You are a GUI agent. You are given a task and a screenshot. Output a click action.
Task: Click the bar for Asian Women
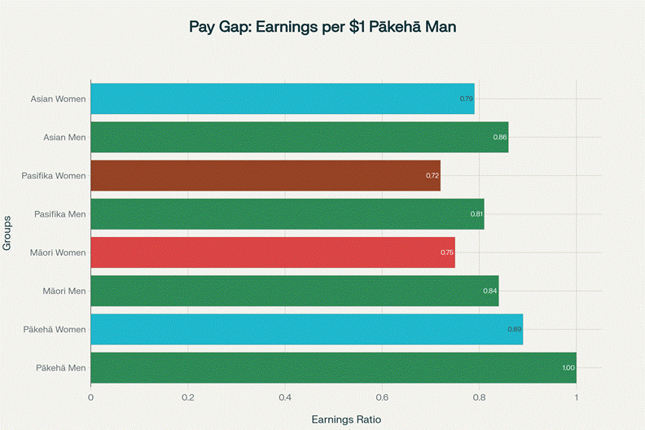coord(282,99)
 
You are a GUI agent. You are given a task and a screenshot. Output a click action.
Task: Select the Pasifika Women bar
coord(265,175)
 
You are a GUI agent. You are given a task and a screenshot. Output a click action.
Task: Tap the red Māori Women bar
coord(272,252)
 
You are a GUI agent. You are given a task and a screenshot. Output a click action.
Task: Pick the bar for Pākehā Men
coord(333,368)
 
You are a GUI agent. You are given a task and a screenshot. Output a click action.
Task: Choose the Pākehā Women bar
coord(306,329)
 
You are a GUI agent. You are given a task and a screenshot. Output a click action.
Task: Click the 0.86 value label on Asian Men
coord(500,137)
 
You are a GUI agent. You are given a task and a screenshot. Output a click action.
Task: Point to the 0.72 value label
coord(432,175)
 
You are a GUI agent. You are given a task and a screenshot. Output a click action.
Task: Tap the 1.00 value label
coord(568,368)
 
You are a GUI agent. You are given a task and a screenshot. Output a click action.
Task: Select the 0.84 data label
coord(490,291)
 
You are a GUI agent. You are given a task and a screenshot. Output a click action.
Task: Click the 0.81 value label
coord(476,214)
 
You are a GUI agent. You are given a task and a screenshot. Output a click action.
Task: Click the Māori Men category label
coord(64,291)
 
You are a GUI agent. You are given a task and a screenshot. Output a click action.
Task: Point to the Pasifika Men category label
coord(61,214)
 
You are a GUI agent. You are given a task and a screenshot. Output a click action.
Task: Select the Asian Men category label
coord(64,137)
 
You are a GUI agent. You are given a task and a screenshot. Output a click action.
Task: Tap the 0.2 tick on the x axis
coord(188,397)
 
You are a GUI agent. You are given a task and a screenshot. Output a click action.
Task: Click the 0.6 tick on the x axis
coord(382,397)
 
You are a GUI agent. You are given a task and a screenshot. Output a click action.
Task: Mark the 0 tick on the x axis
coord(91,397)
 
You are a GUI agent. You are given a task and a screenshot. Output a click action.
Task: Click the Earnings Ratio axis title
coord(346,419)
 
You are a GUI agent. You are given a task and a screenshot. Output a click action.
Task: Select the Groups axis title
coord(8,233)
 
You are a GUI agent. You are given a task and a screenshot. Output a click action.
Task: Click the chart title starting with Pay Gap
coord(322,27)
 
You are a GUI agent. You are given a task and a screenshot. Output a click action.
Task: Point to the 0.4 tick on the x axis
coord(285,397)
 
